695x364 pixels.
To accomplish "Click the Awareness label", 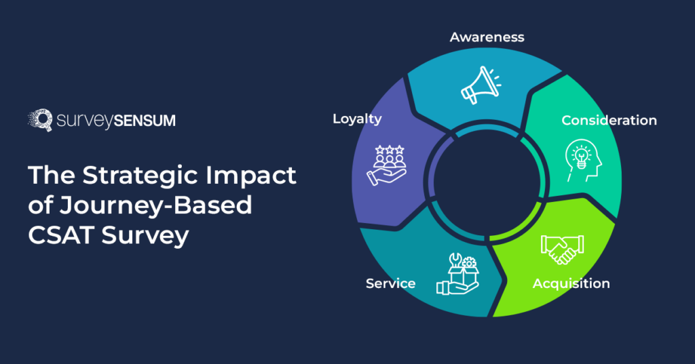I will pos(487,36).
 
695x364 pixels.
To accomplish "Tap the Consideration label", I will pos(609,120).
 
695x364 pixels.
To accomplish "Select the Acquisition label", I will pos(571,283).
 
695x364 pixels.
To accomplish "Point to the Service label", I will pos(390,283).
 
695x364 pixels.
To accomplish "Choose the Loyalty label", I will pos(357,119).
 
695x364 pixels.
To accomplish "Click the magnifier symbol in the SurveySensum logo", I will pos(41,121).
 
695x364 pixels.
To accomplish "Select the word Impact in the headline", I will pos(261,176).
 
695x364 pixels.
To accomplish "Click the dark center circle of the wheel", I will pos(487,174).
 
